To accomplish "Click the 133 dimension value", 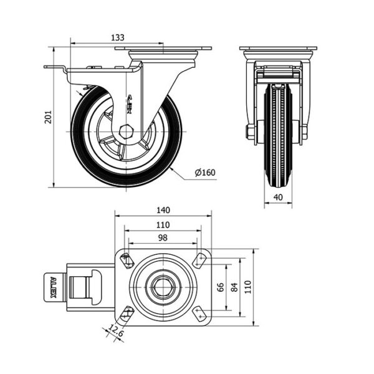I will [117, 37].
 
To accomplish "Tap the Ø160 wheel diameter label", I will [206, 173].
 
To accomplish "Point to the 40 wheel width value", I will [277, 198].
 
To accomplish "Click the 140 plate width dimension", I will [163, 210].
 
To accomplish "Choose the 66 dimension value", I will [219, 287].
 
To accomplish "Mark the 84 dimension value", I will [234, 287].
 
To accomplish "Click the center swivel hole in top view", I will [163, 287].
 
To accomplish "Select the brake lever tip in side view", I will [47, 67].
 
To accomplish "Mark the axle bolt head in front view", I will [251, 133].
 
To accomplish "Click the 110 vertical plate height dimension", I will [248, 287].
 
